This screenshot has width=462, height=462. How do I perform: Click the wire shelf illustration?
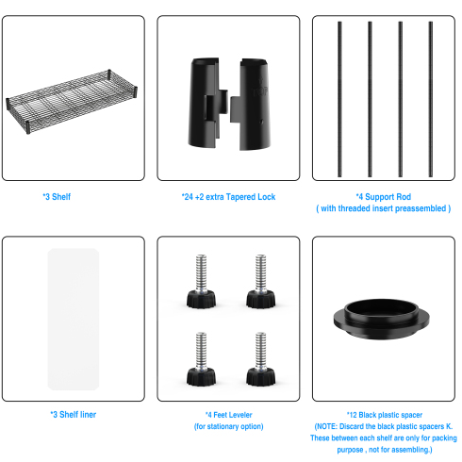tap(72, 101)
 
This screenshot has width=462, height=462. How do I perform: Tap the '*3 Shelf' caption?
tap(57, 197)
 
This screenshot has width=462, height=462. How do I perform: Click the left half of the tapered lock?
tap(207, 103)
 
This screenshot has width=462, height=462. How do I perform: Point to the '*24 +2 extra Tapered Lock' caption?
tap(228, 197)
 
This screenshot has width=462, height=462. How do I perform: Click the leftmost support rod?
tap(339, 99)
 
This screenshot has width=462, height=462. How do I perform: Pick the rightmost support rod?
tap(431, 99)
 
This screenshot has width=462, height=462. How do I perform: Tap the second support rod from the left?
tap(370, 99)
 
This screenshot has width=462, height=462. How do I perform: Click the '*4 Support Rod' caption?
tap(384, 197)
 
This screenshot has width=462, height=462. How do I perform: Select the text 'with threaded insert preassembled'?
tap(384, 208)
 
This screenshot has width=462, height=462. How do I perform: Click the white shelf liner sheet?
tap(74, 319)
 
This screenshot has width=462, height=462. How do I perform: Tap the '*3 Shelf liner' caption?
tap(74, 415)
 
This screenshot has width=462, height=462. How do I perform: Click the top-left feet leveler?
tap(201, 281)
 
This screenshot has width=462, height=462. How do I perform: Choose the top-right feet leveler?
tap(260, 281)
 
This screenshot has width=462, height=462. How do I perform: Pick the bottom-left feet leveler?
tap(201, 359)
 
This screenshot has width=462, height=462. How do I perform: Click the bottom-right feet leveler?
tap(260, 359)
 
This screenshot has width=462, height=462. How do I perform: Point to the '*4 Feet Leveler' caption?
tap(229, 415)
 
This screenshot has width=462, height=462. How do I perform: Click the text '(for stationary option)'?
tap(229, 426)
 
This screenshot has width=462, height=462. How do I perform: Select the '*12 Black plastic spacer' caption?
tap(385, 415)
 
